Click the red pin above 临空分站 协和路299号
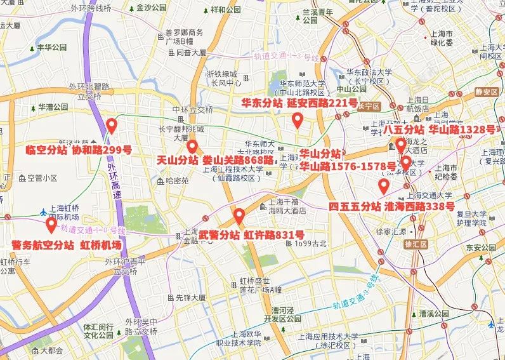tap(111, 125)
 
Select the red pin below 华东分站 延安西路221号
tap(297, 119)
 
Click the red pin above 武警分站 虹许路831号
tap(239, 216)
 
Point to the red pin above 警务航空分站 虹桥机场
tap(51, 224)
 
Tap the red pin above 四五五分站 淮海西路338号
tap(383, 185)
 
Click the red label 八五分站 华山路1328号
tap(439, 130)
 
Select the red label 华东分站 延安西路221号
tap(299, 103)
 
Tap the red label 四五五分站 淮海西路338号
tap(391, 206)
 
